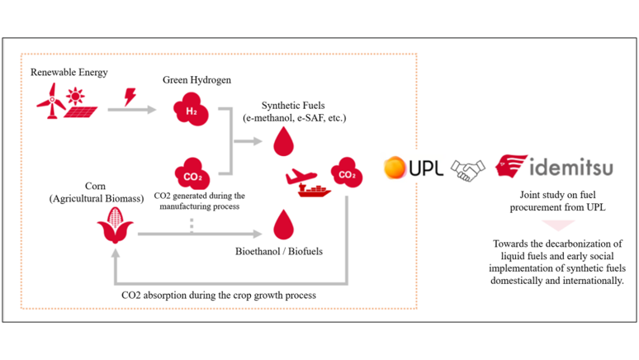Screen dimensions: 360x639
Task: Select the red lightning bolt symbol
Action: point(130,97)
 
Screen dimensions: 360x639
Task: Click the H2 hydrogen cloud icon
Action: point(190,109)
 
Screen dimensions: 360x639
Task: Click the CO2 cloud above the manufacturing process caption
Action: point(192,175)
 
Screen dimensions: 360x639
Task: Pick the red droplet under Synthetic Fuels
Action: point(283,140)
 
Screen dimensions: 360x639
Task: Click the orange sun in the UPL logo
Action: point(396,168)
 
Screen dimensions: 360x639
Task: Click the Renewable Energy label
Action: point(69,72)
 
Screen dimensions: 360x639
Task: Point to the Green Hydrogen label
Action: point(196,80)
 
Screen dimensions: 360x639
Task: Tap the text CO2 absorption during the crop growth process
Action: point(218,295)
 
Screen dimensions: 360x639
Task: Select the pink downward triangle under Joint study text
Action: point(559,225)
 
